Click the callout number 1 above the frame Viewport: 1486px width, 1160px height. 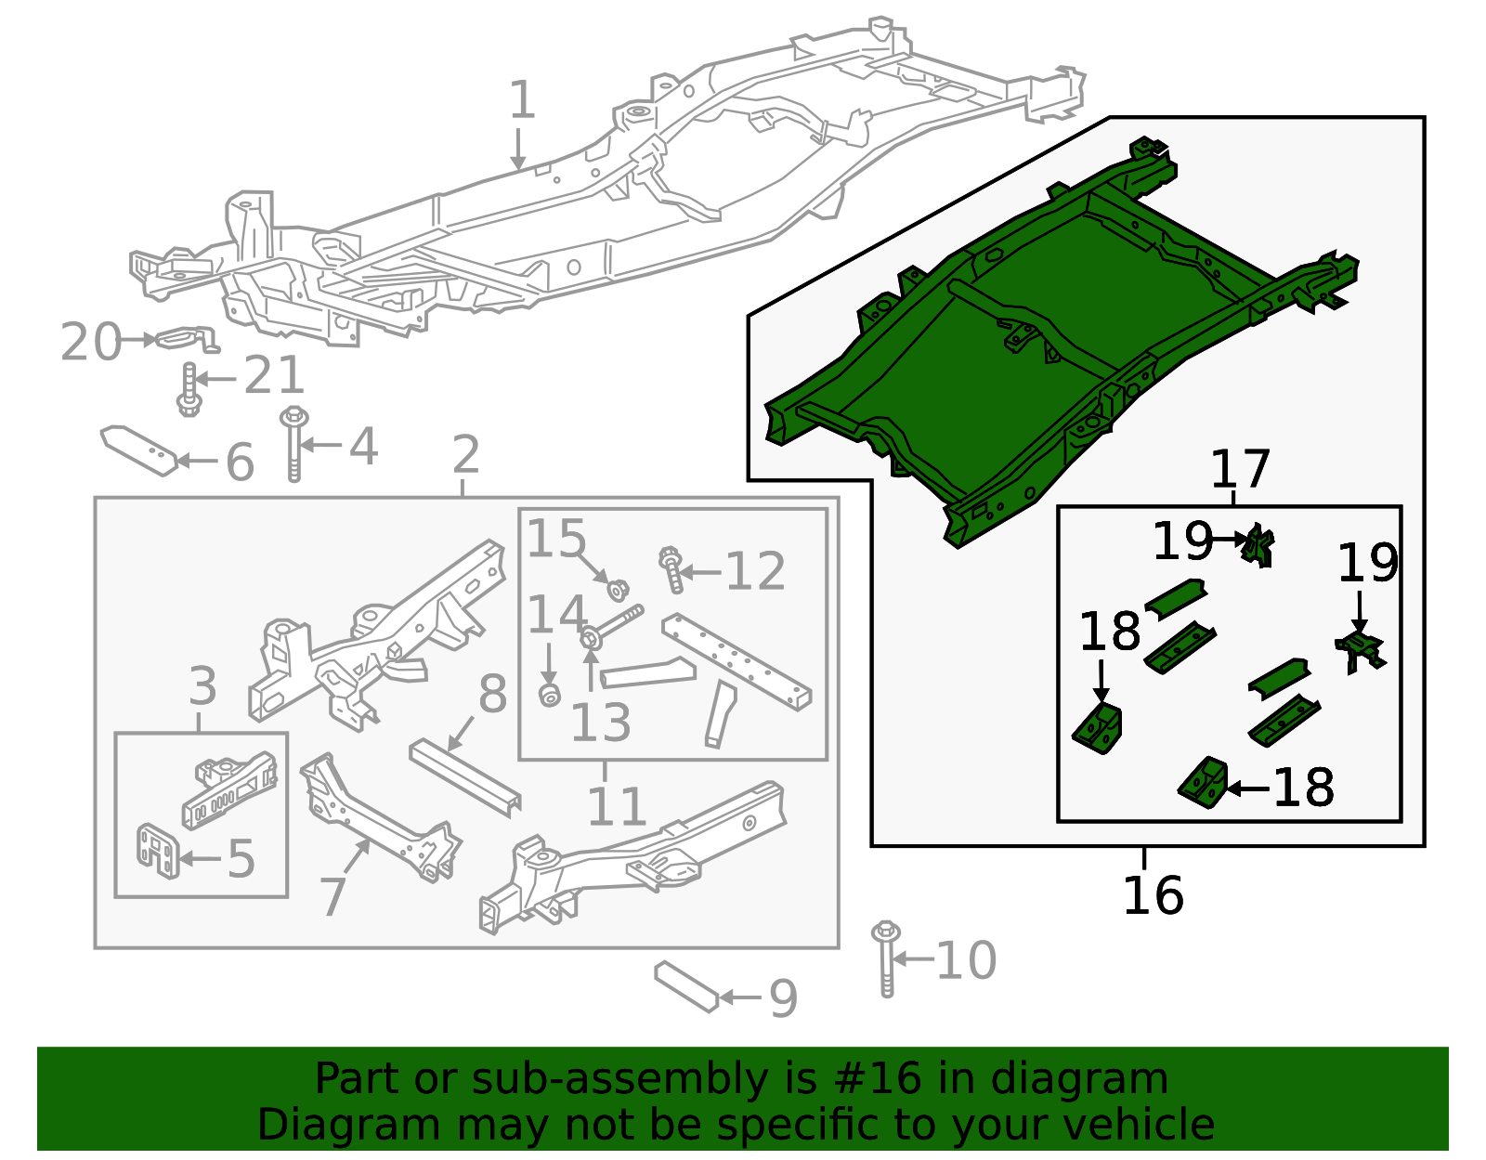point(522,100)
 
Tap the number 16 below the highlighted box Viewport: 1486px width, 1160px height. point(1153,896)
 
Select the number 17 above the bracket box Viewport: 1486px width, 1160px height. point(1240,470)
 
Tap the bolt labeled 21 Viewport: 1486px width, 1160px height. point(189,390)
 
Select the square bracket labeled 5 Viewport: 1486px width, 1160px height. point(157,850)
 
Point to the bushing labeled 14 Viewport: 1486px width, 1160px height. point(550,694)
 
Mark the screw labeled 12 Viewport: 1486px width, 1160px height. point(672,569)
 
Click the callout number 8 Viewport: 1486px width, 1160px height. point(492,695)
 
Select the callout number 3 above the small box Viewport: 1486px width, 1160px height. point(202,687)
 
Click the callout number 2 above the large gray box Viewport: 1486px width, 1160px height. point(465,455)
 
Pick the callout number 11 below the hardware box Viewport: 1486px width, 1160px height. point(616,806)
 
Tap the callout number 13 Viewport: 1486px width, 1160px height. point(600,723)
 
